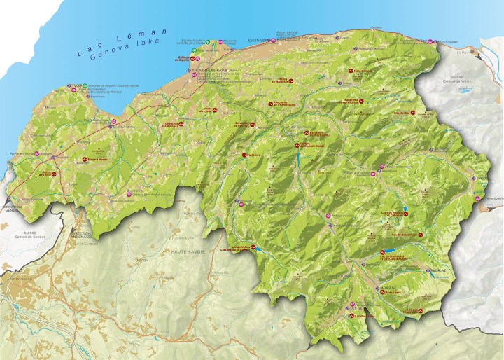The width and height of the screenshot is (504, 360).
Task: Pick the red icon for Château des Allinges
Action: (x=181, y=124)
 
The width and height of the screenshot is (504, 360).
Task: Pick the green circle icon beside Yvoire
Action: (x=84, y=86)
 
